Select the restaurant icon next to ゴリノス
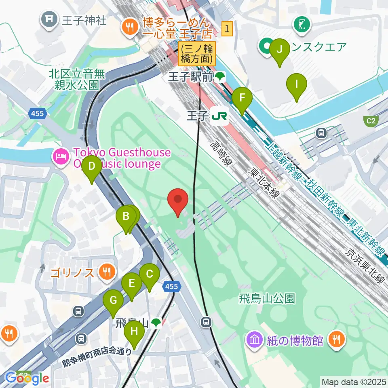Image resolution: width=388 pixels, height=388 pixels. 107,272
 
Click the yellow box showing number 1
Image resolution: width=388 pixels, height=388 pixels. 228,29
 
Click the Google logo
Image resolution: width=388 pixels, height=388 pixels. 27,378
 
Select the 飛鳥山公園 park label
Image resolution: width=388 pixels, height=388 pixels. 266,299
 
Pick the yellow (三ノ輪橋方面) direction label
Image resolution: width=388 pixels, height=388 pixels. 197,54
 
